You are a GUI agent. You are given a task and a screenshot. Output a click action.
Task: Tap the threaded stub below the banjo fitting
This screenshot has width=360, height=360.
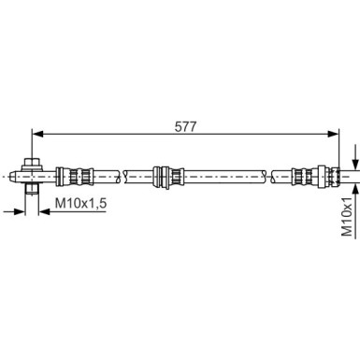coord(32,189)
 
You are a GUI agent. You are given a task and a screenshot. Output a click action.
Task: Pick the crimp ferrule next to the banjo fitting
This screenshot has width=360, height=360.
coord(73,174)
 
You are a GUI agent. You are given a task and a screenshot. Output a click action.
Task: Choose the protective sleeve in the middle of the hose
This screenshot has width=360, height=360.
coord(166,174)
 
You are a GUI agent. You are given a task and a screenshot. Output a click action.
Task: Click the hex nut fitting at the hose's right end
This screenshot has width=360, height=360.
coord(326,174)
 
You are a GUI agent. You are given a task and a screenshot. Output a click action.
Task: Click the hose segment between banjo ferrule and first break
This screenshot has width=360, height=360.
coord(105,174)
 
